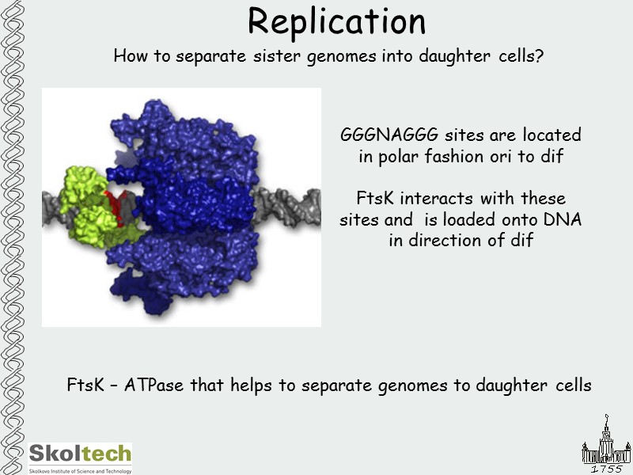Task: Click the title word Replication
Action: coord(336,22)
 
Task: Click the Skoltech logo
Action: coord(80,457)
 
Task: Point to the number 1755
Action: coord(606,469)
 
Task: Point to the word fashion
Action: coord(449,156)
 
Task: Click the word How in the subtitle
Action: coord(130,57)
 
